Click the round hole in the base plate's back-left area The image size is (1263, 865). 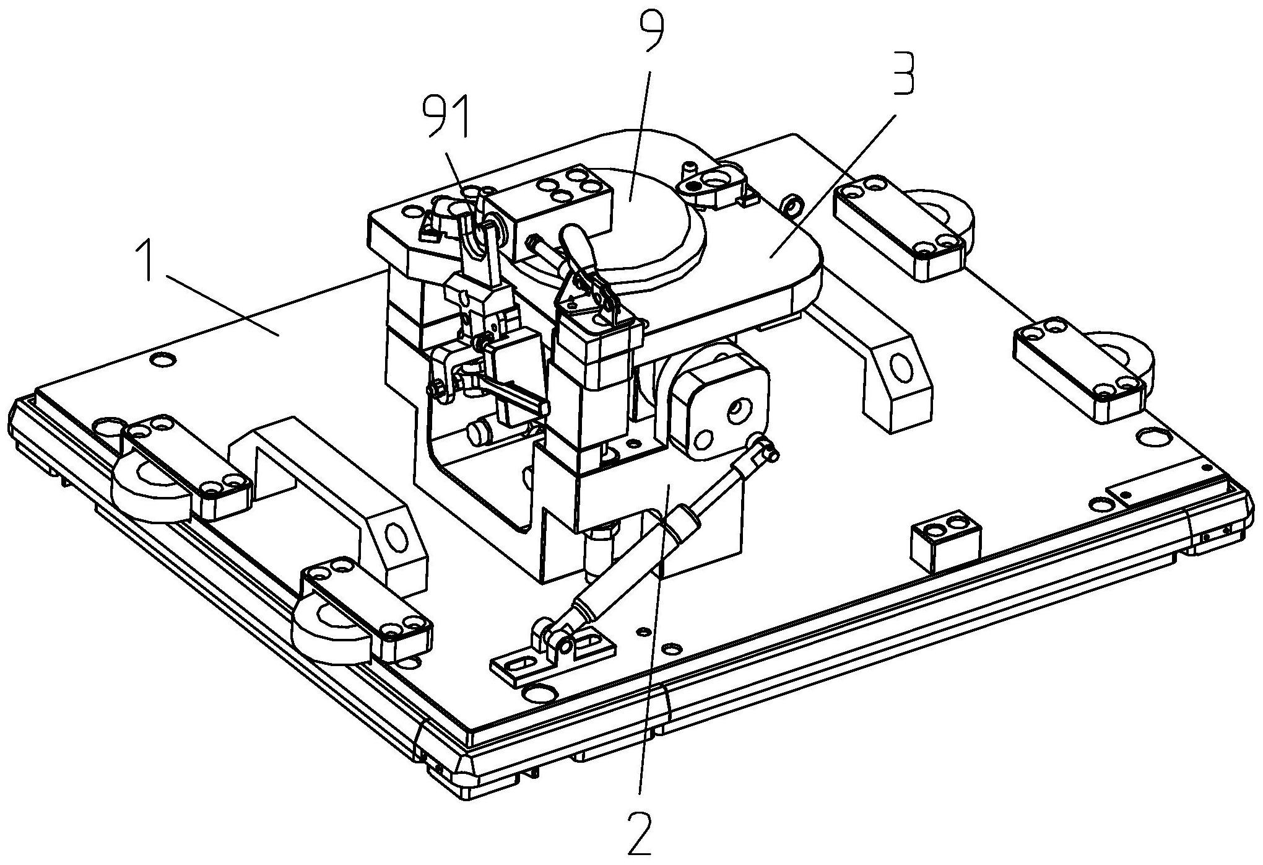pyautogui.click(x=163, y=359)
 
